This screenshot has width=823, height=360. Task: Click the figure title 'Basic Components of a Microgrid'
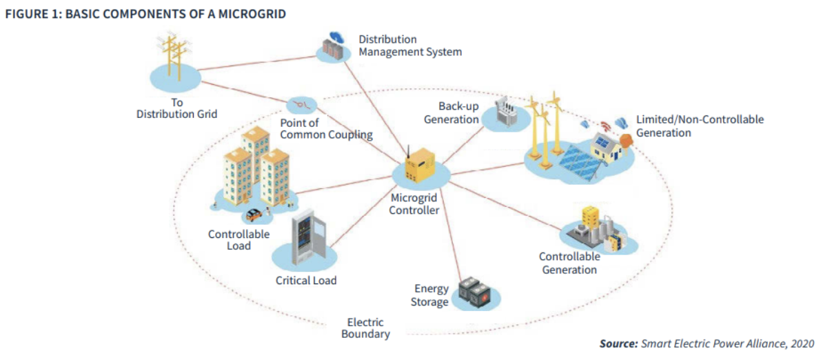tap(145, 14)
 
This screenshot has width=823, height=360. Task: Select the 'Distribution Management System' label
tap(409, 46)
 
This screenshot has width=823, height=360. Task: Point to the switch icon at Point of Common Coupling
tap(301, 105)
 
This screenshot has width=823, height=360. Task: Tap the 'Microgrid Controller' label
tap(414, 204)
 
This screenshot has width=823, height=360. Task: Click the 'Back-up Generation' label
tap(458, 112)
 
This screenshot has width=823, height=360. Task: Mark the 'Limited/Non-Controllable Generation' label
tap(699, 126)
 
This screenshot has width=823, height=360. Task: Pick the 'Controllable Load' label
tap(238, 239)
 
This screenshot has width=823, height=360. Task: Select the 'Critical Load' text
tap(306, 281)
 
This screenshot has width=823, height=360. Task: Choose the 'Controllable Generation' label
tap(569, 263)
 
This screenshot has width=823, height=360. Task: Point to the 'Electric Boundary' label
tap(365, 328)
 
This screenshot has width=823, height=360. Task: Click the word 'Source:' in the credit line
tap(618, 343)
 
